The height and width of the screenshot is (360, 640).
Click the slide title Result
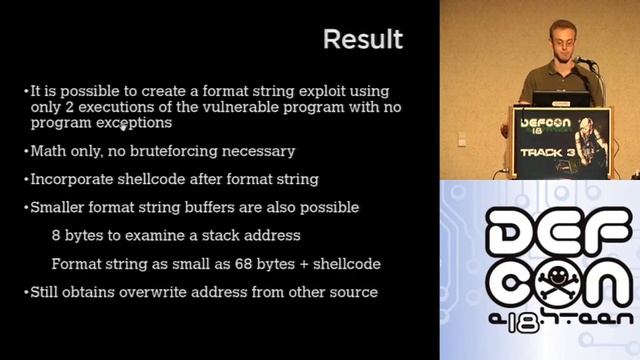coord(363,39)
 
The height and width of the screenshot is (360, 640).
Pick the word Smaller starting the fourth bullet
coord(61,207)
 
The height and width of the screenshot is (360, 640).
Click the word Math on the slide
coord(49,151)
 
